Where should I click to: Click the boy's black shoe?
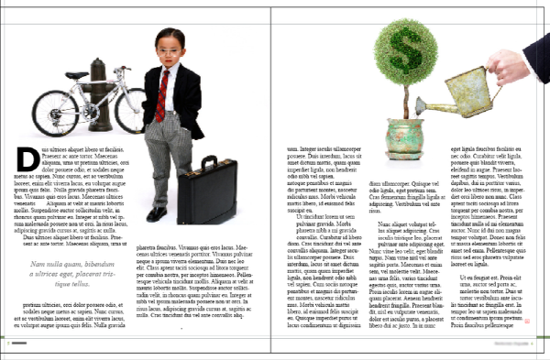click(x=157, y=213)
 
